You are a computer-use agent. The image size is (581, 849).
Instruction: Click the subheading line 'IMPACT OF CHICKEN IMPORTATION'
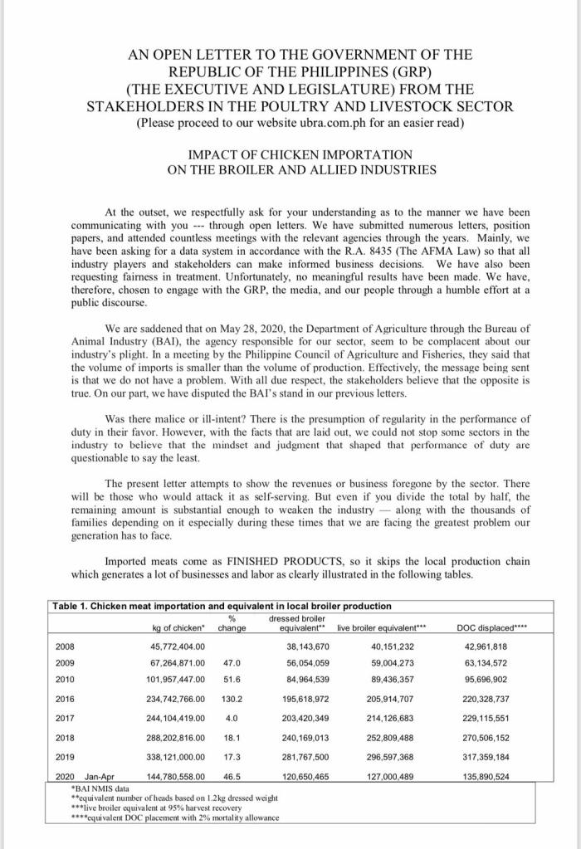click(x=289, y=155)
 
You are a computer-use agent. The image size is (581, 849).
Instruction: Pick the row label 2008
click(x=64, y=646)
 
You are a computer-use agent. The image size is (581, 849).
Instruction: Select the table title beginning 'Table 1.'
click(x=221, y=605)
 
